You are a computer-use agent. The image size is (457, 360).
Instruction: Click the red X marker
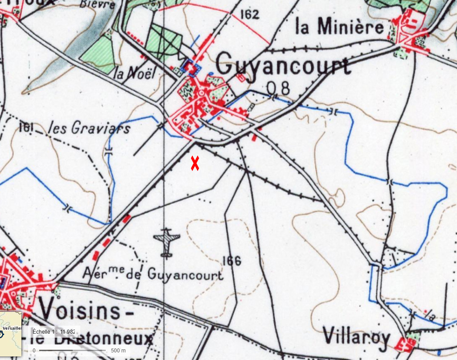[195, 163]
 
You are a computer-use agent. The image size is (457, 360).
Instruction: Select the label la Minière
[340, 27]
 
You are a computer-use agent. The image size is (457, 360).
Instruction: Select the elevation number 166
[231, 261]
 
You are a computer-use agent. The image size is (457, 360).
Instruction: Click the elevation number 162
[249, 14]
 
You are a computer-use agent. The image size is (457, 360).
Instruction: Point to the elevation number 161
[27, 128]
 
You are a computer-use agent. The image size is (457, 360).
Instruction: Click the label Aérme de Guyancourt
[153, 273]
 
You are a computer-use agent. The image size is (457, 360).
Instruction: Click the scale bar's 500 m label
[118, 351]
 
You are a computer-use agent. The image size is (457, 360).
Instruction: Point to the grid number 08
[278, 88]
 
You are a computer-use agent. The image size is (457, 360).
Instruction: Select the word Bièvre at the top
[98, 4]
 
